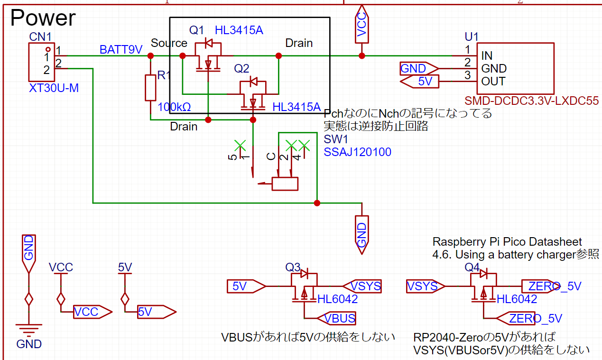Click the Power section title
(x=43, y=18)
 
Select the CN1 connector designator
(x=40, y=37)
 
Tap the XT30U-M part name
(x=54, y=88)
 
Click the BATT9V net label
(x=120, y=50)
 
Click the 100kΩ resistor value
(x=174, y=107)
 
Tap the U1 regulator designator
(x=472, y=37)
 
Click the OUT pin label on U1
(x=493, y=81)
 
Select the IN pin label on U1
(x=486, y=55)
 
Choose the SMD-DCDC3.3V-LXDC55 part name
(x=531, y=101)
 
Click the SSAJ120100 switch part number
(x=357, y=152)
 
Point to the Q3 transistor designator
(x=293, y=268)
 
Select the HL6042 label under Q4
(x=517, y=299)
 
